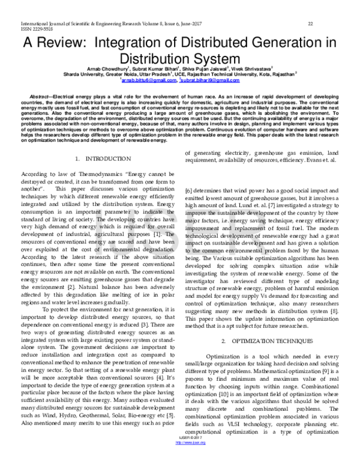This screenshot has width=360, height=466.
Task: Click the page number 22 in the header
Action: click(x=310, y=23)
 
